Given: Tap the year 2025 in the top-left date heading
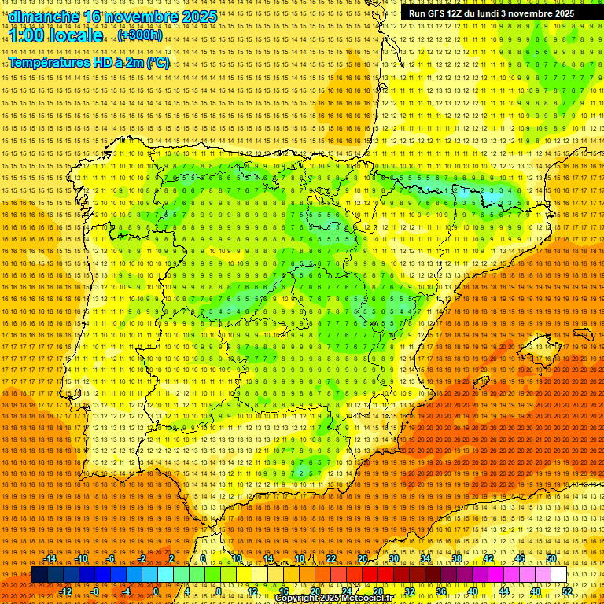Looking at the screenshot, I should (197, 17).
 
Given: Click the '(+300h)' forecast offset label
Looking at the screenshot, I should (140, 35).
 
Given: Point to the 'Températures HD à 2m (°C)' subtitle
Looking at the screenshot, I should (89, 63).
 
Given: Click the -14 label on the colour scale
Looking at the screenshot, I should (50, 558).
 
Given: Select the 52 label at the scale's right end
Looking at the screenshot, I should (567, 591).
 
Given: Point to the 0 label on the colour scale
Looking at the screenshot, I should (156, 591).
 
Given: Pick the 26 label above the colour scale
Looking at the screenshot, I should (363, 558).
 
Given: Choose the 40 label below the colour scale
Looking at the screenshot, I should (473, 591).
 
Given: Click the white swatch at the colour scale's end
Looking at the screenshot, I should (559, 575).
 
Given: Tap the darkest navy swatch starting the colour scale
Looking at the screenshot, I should (39, 575).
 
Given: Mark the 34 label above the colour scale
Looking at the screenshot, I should (425, 558).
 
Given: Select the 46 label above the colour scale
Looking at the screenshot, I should (520, 558).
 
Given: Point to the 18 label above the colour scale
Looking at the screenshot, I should (300, 558).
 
